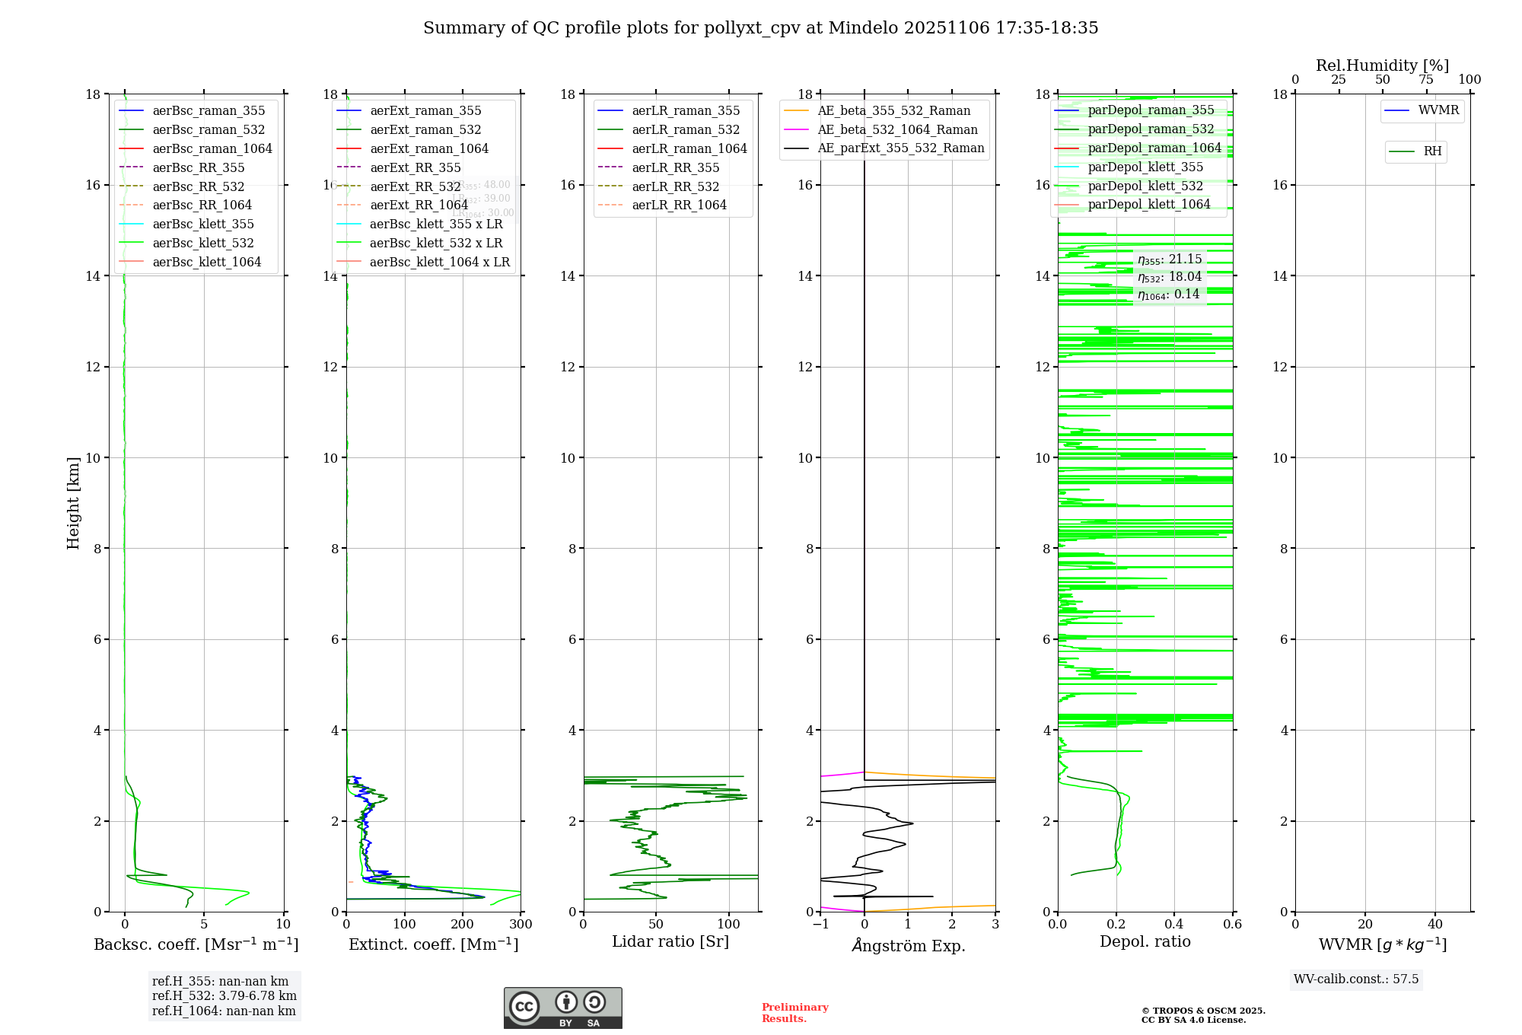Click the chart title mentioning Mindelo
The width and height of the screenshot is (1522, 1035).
pos(760,28)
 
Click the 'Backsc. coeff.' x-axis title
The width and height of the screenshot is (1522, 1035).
pos(196,944)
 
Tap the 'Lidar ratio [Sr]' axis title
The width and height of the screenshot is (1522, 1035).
pos(670,941)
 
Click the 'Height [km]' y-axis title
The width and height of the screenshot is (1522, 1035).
pos(73,503)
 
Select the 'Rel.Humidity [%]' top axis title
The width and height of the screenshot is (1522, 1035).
pos(1382,65)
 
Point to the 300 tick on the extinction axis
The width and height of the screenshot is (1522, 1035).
pos(521,924)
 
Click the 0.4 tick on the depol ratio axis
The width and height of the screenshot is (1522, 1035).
pos(1174,924)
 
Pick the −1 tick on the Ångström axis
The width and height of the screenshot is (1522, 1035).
pos(820,924)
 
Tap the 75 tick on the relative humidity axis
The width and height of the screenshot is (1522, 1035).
pos(1426,80)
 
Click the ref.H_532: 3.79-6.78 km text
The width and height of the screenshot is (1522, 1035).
pos(224,995)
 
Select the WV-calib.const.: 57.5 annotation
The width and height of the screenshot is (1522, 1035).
pos(1356,979)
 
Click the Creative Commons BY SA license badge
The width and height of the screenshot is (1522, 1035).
pos(562,1008)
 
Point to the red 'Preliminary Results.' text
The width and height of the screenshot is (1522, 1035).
pos(794,1012)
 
